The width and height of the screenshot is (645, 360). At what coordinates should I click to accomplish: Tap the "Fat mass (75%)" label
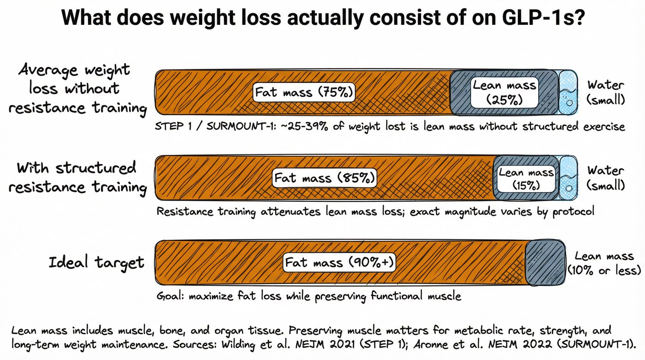(x=304, y=92)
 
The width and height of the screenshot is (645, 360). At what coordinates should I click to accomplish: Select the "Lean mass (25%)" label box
(x=504, y=92)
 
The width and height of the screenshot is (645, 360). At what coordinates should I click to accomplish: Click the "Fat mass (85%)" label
(x=324, y=178)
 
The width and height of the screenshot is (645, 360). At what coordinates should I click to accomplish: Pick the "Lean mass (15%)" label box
(x=526, y=178)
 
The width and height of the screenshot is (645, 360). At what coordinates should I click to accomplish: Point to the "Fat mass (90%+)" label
(x=340, y=263)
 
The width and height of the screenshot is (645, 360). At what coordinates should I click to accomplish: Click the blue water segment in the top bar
(x=567, y=92)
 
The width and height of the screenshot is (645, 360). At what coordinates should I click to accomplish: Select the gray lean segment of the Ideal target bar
(x=545, y=262)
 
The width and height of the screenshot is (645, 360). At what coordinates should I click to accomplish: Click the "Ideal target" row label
(x=96, y=263)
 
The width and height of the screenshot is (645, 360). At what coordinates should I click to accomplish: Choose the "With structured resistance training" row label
(x=77, y=177)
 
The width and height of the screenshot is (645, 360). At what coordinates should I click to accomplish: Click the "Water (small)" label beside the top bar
(x=605, y=92)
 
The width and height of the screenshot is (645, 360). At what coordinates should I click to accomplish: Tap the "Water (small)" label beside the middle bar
(x=605, y=178)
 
